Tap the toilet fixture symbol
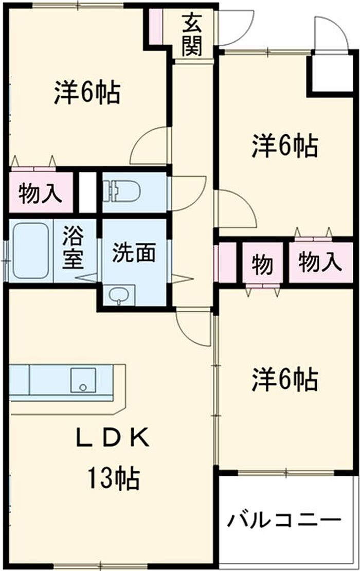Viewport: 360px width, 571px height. point(122,192)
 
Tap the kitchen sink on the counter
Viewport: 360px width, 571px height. point(81,380)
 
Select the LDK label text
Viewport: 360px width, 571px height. point(113,438)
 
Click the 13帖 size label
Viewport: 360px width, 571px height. point(113,479)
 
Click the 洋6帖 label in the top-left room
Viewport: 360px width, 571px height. point(87,93)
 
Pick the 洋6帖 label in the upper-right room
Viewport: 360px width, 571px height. point(284,147)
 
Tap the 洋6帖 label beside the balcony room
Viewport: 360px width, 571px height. point(284,380)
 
